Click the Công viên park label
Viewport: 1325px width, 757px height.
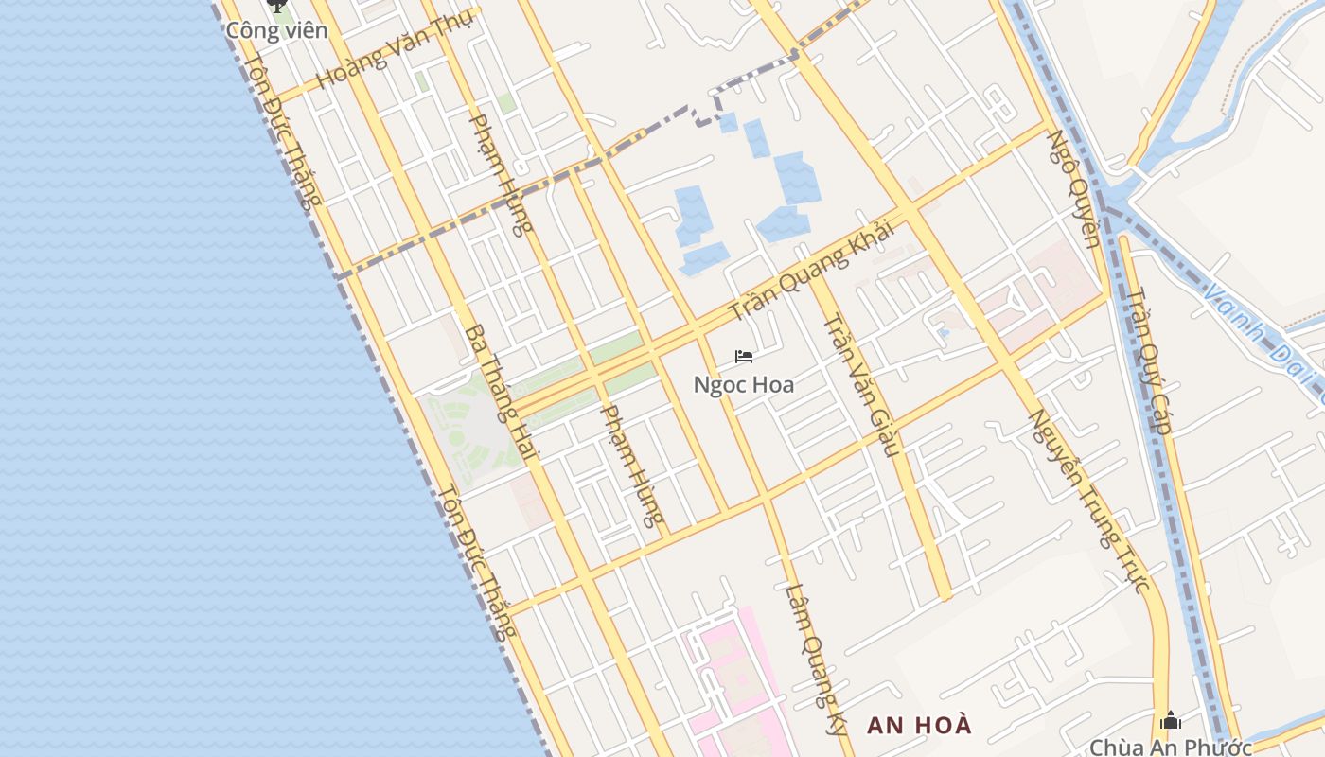pos(276,30)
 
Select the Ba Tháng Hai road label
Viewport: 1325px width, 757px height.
pos(500,394)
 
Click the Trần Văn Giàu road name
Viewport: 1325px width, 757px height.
pos(859,384)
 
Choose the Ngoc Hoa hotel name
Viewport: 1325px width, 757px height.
pos(744,385)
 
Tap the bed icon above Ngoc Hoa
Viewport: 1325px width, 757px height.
pos(744,357)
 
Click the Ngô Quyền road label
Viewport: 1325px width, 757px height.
pos(1075,188)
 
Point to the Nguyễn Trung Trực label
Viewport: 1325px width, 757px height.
pos(1090,501)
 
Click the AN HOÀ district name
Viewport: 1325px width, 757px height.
pos(920,726)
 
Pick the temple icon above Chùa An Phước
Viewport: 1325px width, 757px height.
pos(1171,721)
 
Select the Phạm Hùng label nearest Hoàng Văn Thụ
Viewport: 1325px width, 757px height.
pos(502,174)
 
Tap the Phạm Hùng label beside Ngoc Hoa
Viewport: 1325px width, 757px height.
pos(633,466)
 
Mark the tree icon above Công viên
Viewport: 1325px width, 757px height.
pos(276,7)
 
